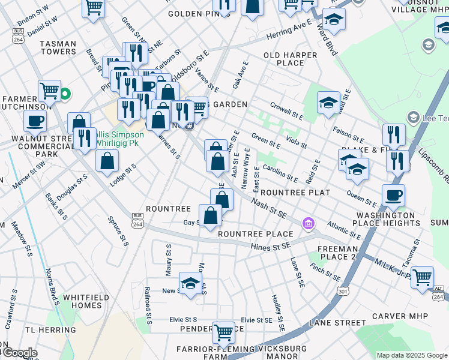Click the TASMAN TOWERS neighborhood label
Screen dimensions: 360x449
[58, 48]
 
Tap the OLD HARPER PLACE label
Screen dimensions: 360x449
[291, 59]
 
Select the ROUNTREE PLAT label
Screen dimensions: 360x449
[295, 193]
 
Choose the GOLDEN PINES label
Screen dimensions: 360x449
[191, 14]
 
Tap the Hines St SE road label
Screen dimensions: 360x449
[271, 245]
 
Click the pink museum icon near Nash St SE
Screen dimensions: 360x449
[309, 224]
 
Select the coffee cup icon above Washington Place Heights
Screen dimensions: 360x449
[393, 195]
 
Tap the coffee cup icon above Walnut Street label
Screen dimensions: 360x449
[35, 120]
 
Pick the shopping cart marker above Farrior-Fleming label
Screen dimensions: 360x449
[223, 331]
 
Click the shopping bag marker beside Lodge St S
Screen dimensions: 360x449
[107, 161]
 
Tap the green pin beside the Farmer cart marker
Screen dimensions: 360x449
[66, 94]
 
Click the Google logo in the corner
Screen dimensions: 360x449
[20, 353]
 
